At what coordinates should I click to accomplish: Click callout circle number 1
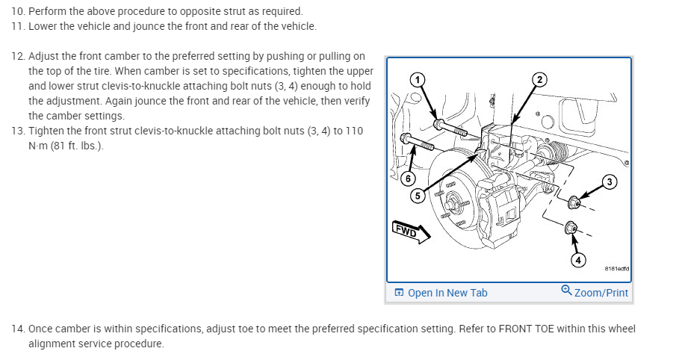pos(418,79)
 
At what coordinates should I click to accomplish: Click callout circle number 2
pos(539,79)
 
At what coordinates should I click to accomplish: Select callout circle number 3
pos(610,182)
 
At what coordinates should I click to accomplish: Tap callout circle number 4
pos(578,259)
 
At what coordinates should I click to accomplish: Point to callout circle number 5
pos(418,196)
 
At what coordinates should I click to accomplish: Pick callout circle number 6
pos(408,178)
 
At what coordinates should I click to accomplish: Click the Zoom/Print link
pos(601,293)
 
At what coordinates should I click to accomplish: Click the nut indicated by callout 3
pos(574,202)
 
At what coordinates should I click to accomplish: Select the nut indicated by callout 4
pos(571,227)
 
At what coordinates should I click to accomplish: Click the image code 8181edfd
pos(617,269)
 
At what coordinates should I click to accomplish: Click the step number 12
pos(17,57)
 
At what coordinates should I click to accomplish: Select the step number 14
pos(17,329)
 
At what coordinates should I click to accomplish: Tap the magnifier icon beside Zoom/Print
pos(566,292)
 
